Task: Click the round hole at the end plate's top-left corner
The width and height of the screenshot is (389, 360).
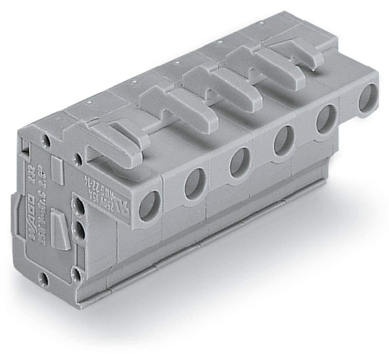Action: coord(47,140)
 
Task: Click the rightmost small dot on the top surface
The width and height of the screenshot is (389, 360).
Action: coord(220,41)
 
